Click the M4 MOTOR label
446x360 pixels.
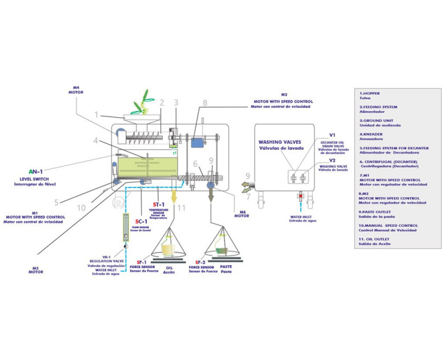pyautogui.click(x=75, y=89)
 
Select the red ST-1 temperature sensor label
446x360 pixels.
pyautogui.click(x=159, y=205)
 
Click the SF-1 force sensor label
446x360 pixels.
pyautogui.click(x=141, y=262)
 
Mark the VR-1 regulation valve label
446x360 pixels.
pyautogui.click(x=106, y=256)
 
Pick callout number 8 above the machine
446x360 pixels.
pyautogui.click(x=205, y=104)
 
